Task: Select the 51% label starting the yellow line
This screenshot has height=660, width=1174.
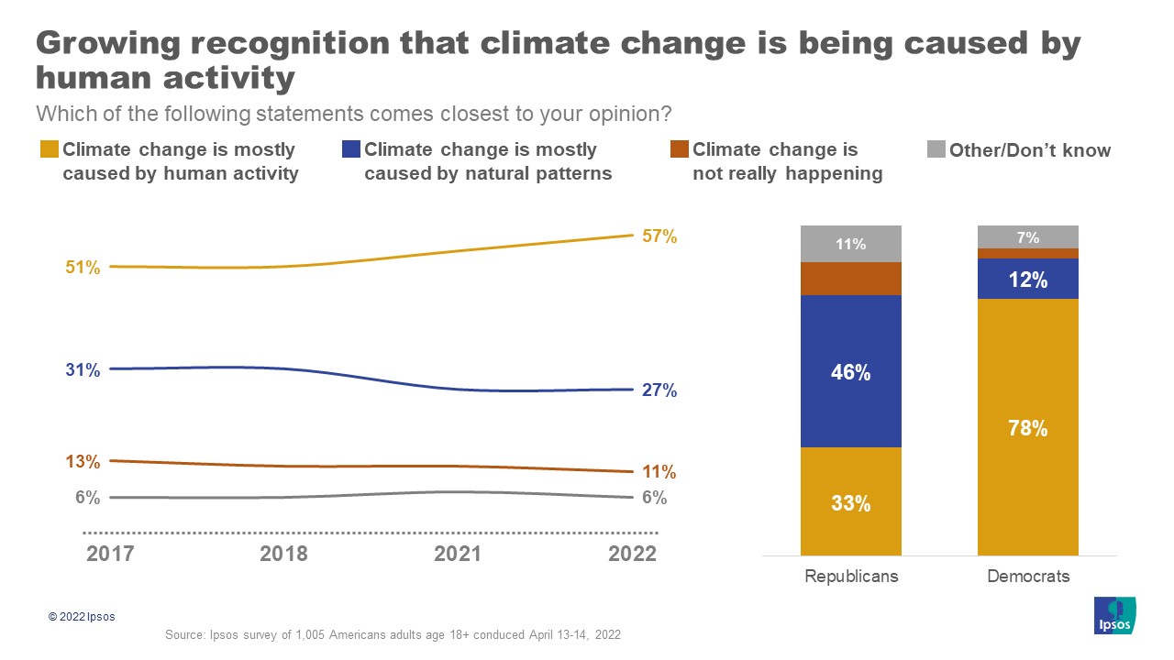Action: (83, 268)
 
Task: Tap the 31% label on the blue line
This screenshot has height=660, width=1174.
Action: (83, 370)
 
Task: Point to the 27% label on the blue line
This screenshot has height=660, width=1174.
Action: (659, 390)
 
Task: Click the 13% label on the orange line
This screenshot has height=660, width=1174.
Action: (83, 462)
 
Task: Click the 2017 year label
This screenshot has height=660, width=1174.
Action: (109, 555)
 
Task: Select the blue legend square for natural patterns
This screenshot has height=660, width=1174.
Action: (351, 149)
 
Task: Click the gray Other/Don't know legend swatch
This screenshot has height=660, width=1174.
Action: (936, 149)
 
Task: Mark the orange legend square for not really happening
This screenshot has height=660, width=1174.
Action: (679, 149)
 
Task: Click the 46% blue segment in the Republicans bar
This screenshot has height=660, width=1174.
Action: (850, 371)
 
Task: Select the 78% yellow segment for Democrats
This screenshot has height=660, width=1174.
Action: (1027, 427)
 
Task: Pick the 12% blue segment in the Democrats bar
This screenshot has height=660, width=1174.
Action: (1027, 280)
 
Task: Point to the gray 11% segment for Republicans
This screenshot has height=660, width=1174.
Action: (850, 244)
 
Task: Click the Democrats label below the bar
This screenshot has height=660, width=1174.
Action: (1027, 577)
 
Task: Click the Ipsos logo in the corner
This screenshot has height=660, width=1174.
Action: (1115, 615)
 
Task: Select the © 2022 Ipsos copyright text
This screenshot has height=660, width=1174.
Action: (82, 617)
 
